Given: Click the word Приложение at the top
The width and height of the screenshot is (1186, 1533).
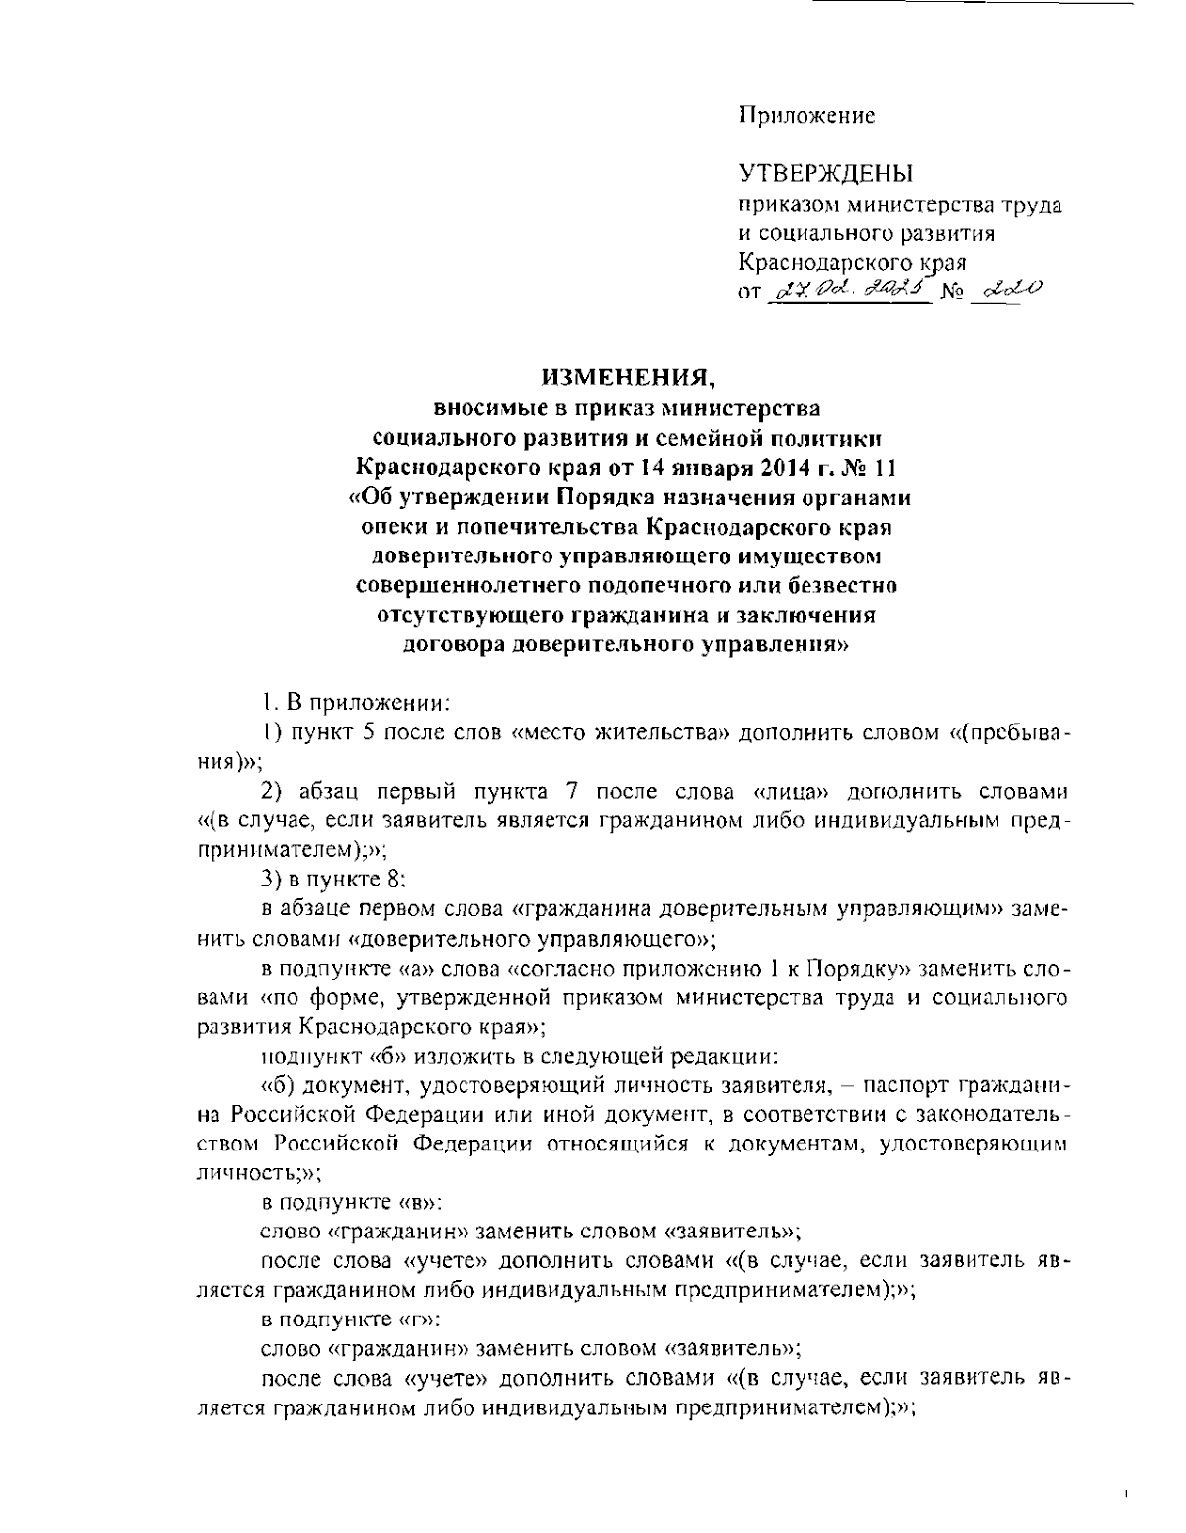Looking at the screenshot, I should coord(807,116).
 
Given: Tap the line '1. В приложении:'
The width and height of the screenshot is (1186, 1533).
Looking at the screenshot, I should coord(355,704).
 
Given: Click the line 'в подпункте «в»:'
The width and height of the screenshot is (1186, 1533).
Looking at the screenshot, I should coord(351,1203).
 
